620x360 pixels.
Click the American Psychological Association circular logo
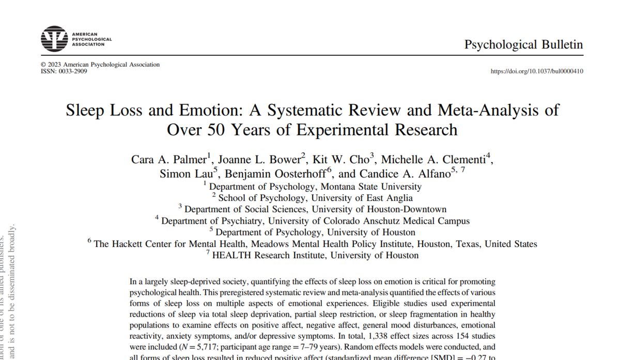coord(54,39)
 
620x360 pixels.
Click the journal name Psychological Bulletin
coord(523,44)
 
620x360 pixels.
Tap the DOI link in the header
coord(537,71)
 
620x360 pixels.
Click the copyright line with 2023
coord(100,65)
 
